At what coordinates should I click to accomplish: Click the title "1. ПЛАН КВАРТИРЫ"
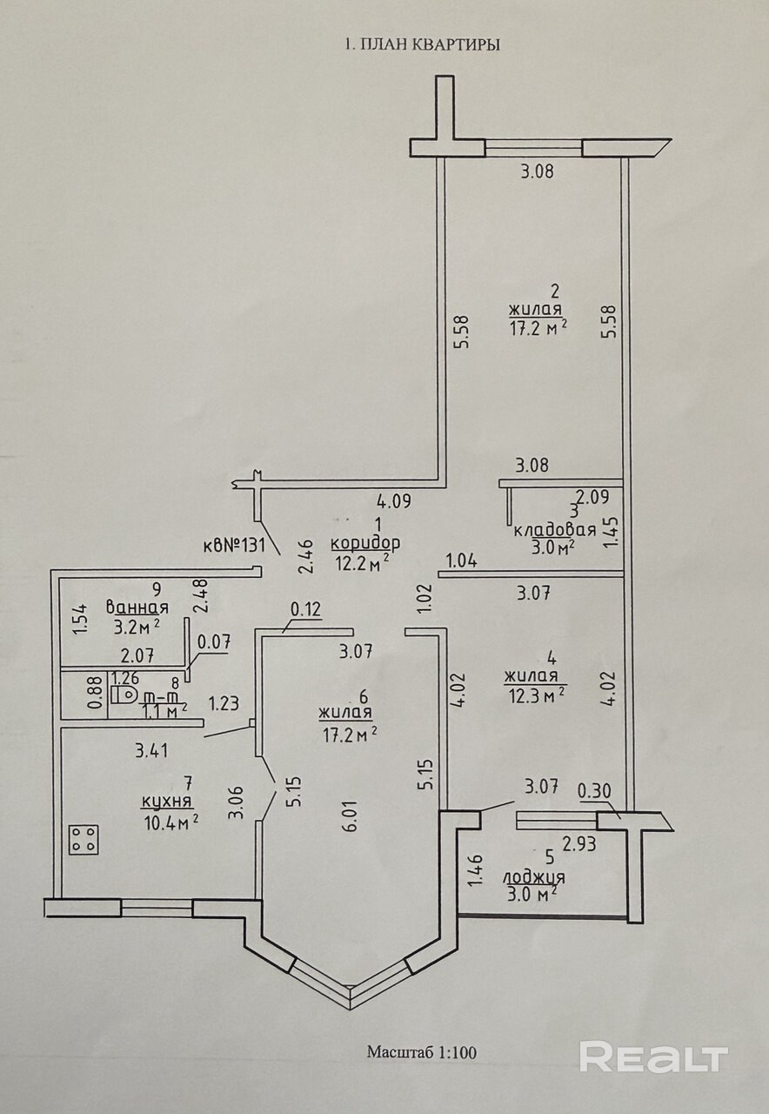(x=423, y=44)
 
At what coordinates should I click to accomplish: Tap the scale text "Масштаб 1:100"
(x=422, y=1052)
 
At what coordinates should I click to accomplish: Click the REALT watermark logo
(x=653, y=1057)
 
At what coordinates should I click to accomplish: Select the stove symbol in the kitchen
(x=84, y=839)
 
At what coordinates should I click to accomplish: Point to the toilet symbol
(x=125, y=694)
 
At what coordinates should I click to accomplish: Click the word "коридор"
(x=365, y=543)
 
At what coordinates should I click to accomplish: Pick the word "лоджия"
(x=534, y=877)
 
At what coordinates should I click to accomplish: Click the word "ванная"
(x=136, y=607)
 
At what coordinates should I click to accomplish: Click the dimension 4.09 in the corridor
(x=393, y=501)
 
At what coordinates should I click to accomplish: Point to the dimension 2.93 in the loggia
(x=579, y=843)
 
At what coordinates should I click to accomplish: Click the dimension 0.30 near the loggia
(x=594, y=791)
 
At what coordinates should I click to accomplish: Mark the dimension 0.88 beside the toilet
(x=95, y=695)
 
